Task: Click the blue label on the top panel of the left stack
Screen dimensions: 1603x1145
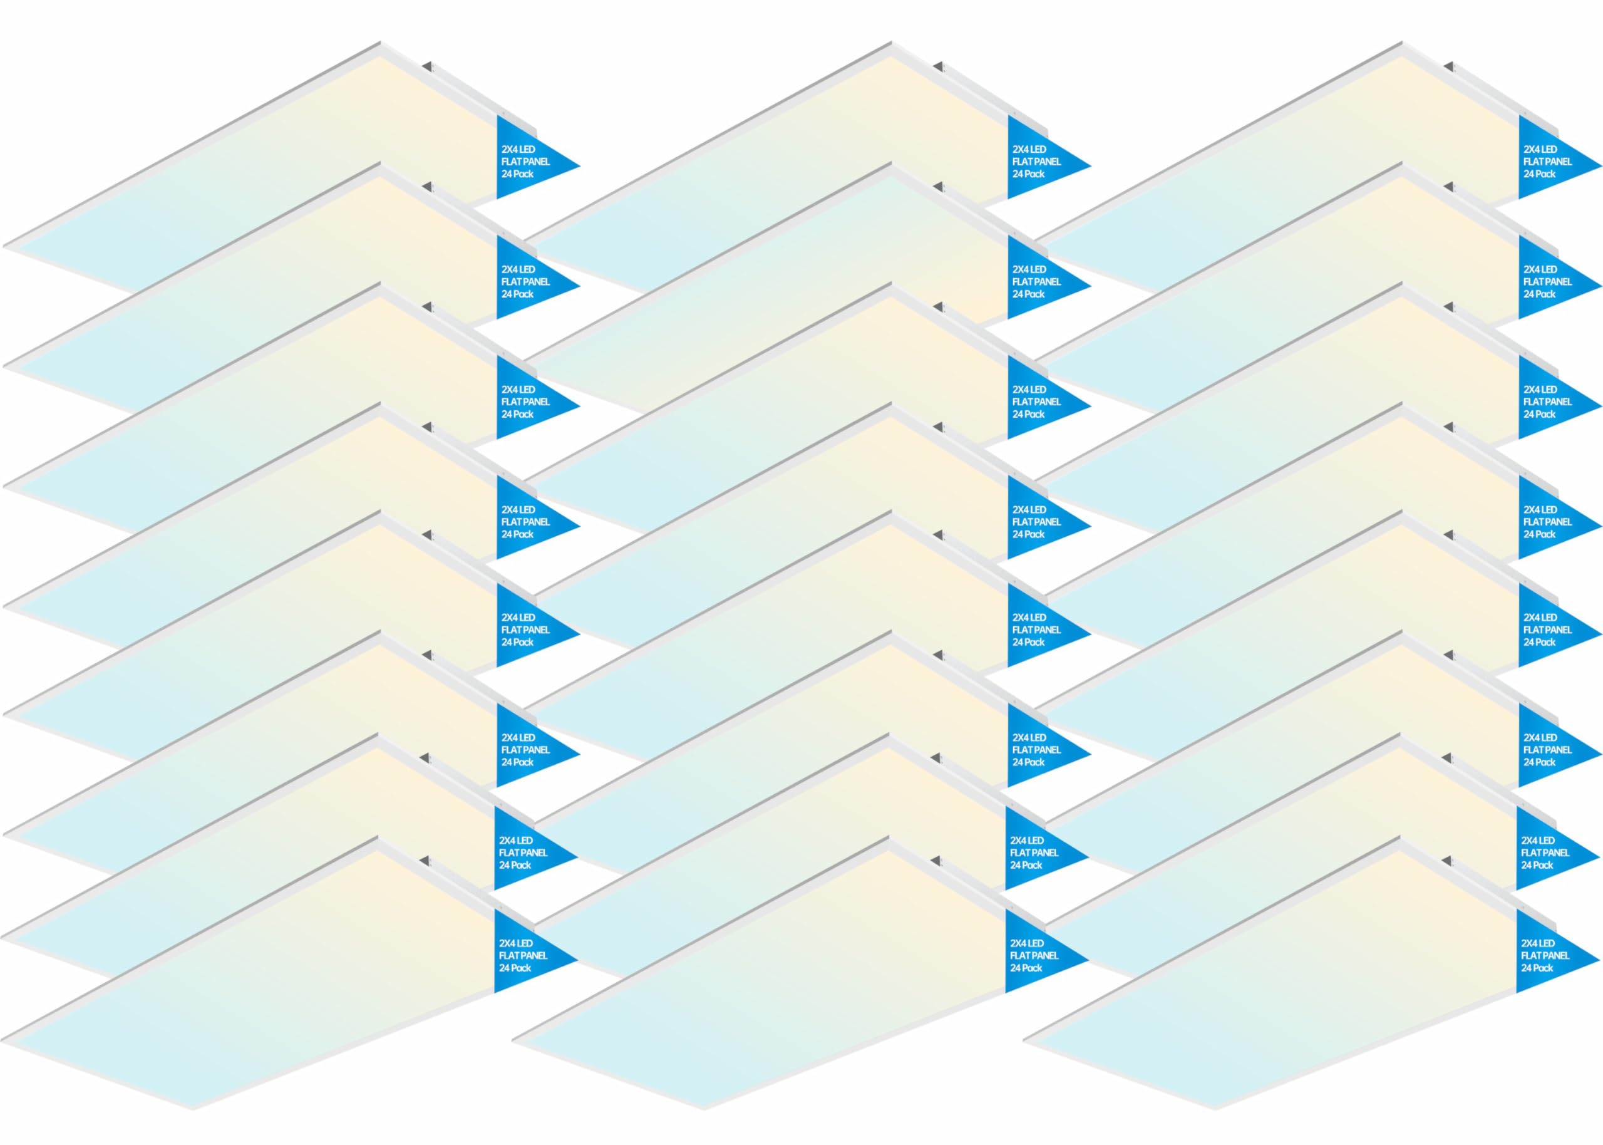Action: [528, 158]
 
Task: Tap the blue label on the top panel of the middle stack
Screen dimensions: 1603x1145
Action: [1039, 158]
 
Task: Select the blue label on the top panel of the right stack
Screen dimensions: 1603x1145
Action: [1550, 158]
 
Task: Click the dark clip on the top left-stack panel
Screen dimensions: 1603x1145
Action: [426, 67]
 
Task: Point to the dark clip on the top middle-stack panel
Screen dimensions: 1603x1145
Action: [938, 67]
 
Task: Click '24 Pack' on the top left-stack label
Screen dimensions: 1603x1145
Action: [517, 174]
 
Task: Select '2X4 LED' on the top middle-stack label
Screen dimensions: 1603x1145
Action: [1029, 150]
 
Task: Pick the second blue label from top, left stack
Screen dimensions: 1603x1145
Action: [528, 277]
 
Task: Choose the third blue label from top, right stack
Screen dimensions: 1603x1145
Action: [1550, 398]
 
